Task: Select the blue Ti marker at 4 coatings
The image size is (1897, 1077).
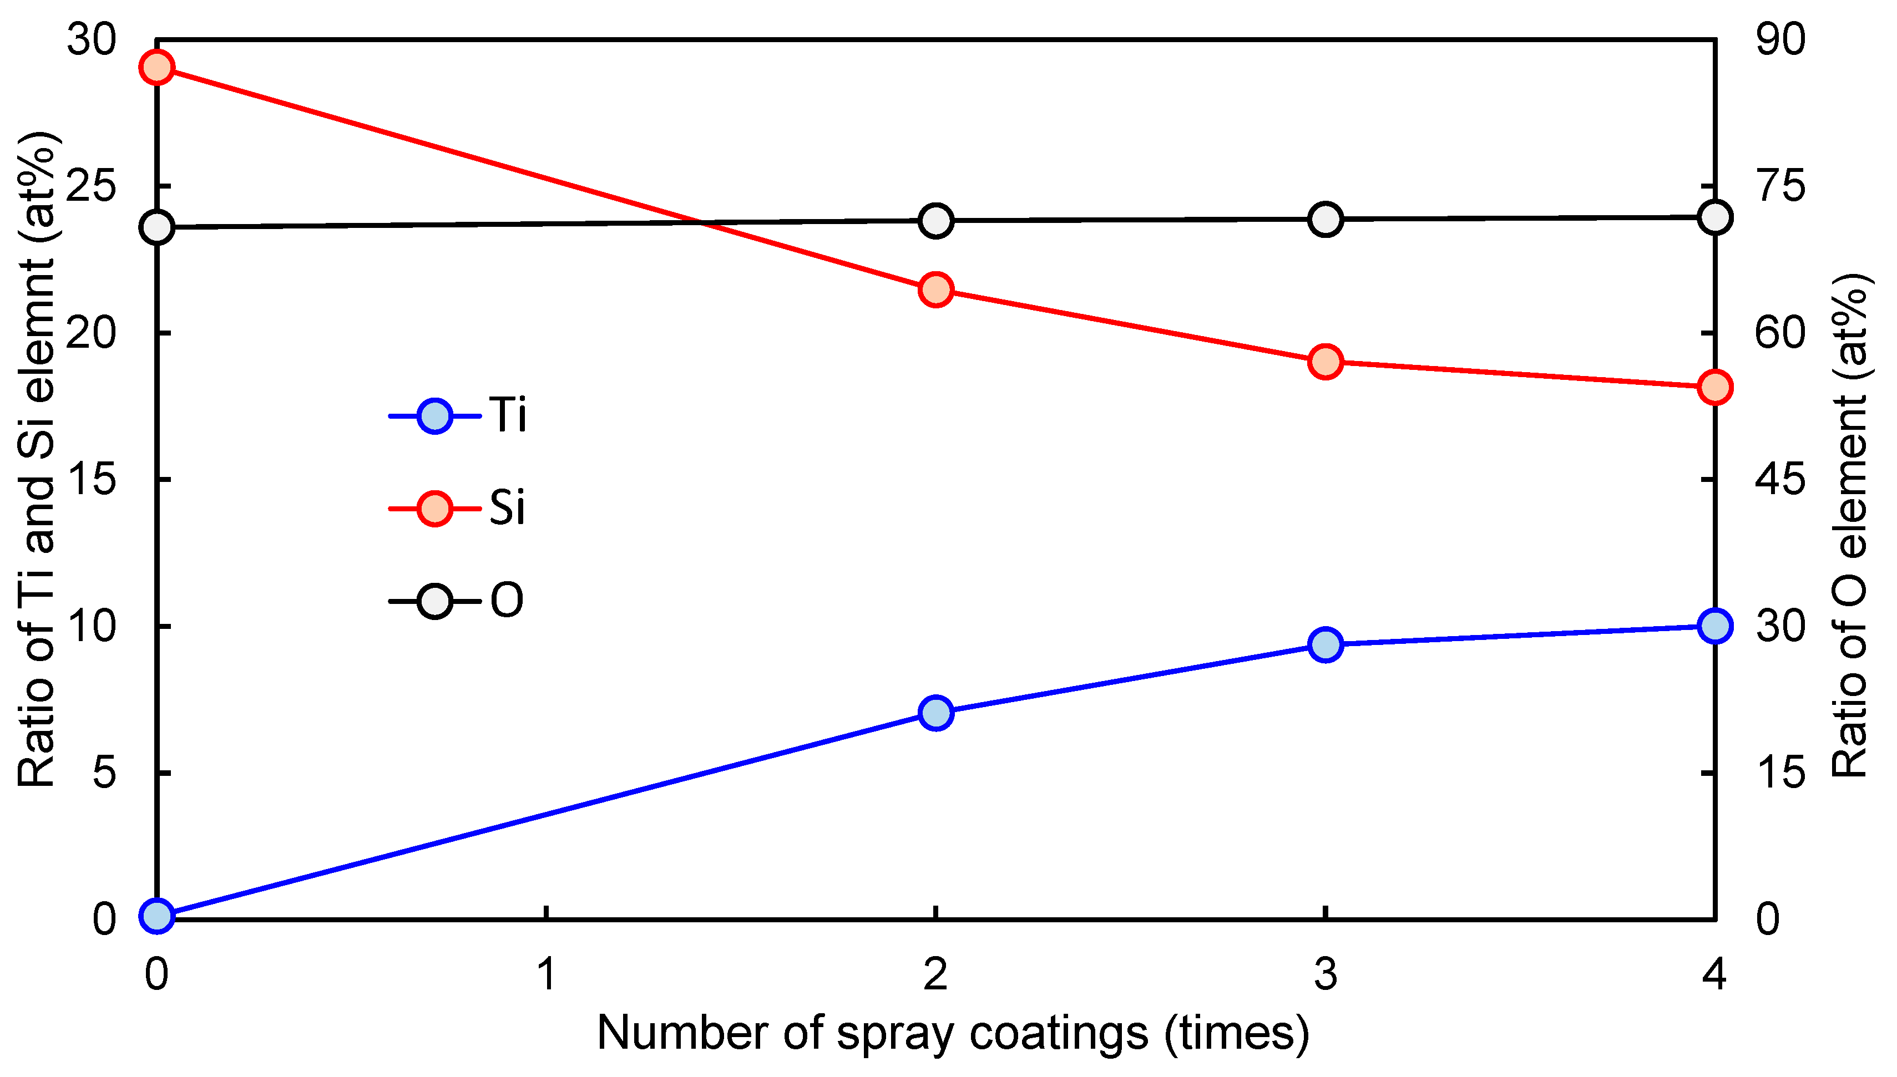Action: point(1715,626)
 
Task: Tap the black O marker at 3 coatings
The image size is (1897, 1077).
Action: point(1325,220)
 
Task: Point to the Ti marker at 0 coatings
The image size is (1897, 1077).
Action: point(157,916)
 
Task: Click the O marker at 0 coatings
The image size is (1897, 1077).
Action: point(157,226)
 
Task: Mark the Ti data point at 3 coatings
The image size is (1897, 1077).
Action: point(1325,644)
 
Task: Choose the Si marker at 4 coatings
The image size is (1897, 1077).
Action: point(1715,387)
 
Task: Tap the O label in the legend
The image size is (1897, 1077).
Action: point(507,601)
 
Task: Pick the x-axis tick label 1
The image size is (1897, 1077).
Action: point(546,974)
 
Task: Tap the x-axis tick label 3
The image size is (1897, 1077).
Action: point(1325,974)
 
